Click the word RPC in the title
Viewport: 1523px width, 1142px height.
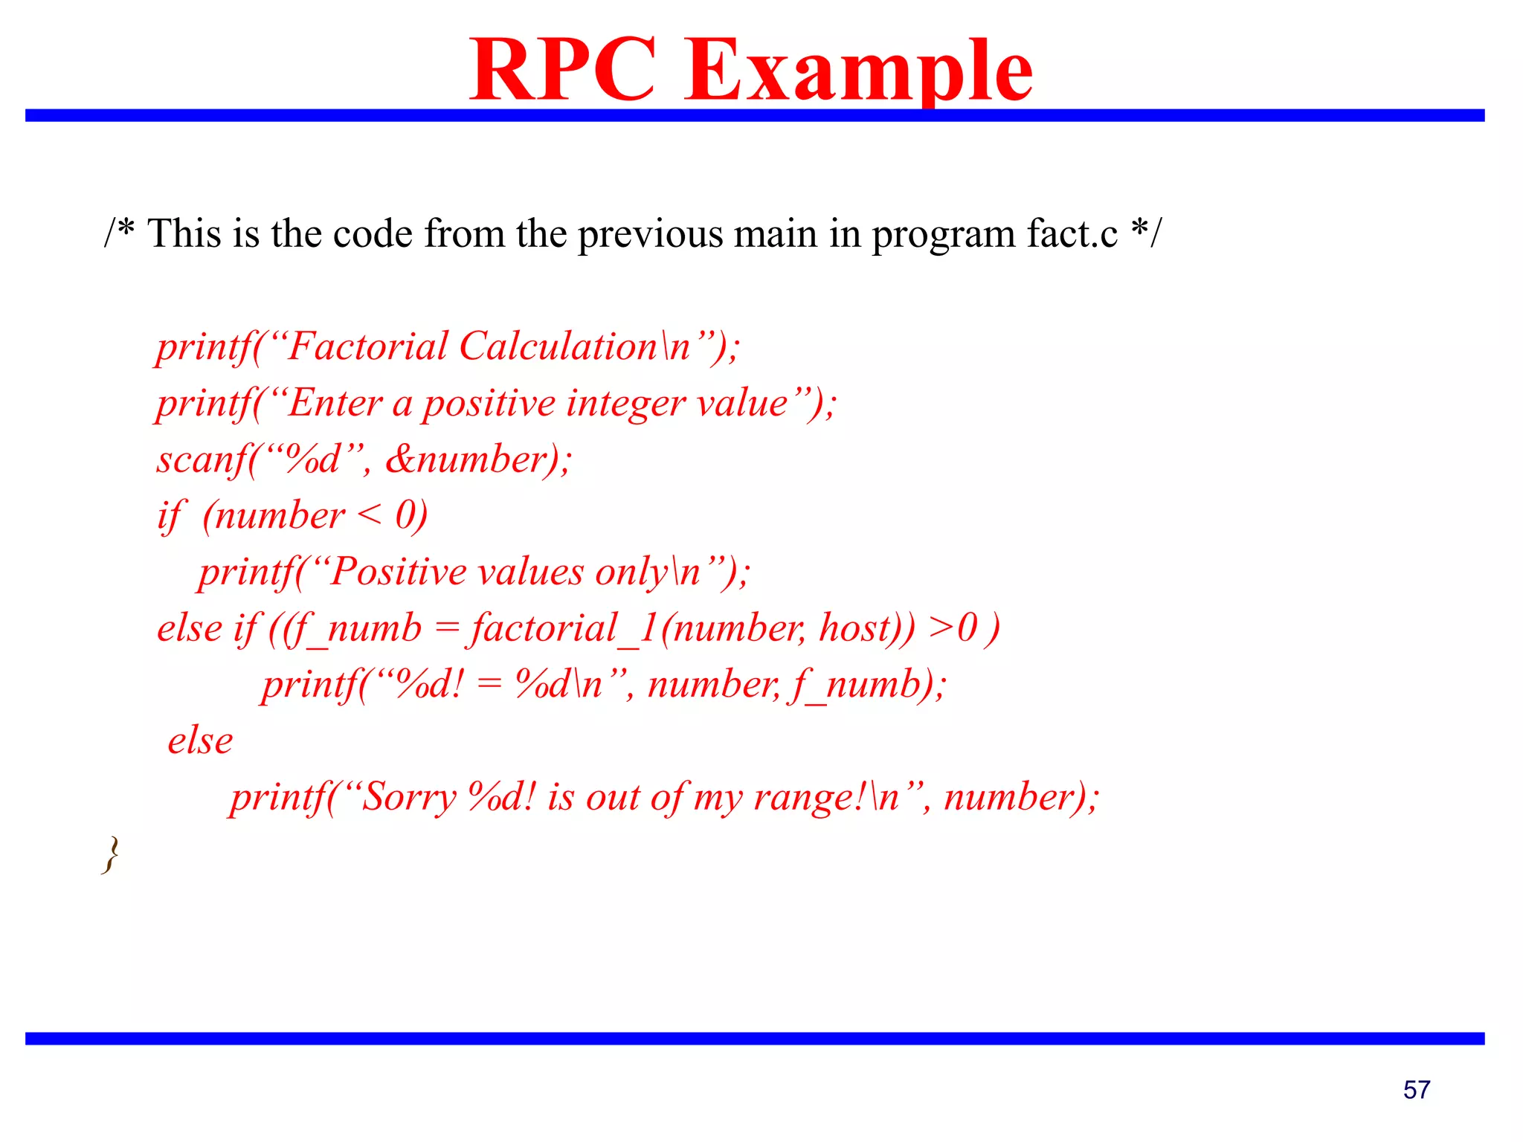click(x=563, y=71)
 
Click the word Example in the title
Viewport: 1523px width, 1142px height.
click(x=858, y=71)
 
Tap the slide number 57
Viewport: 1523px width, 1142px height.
click(x=1416, y=1090)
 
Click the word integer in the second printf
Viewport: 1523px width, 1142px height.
click(x=625, y=404)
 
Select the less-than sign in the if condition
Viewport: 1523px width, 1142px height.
click(x=370, y=516)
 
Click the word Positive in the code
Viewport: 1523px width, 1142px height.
click(x=398, y=572)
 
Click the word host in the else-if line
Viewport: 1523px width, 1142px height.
click(x=854, y=628)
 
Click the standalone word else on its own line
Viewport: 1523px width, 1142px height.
click(x=200, y=741)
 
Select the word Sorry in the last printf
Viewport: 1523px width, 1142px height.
click(x=408, y=797)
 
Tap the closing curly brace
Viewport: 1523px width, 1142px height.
click(x=111, y=854)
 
